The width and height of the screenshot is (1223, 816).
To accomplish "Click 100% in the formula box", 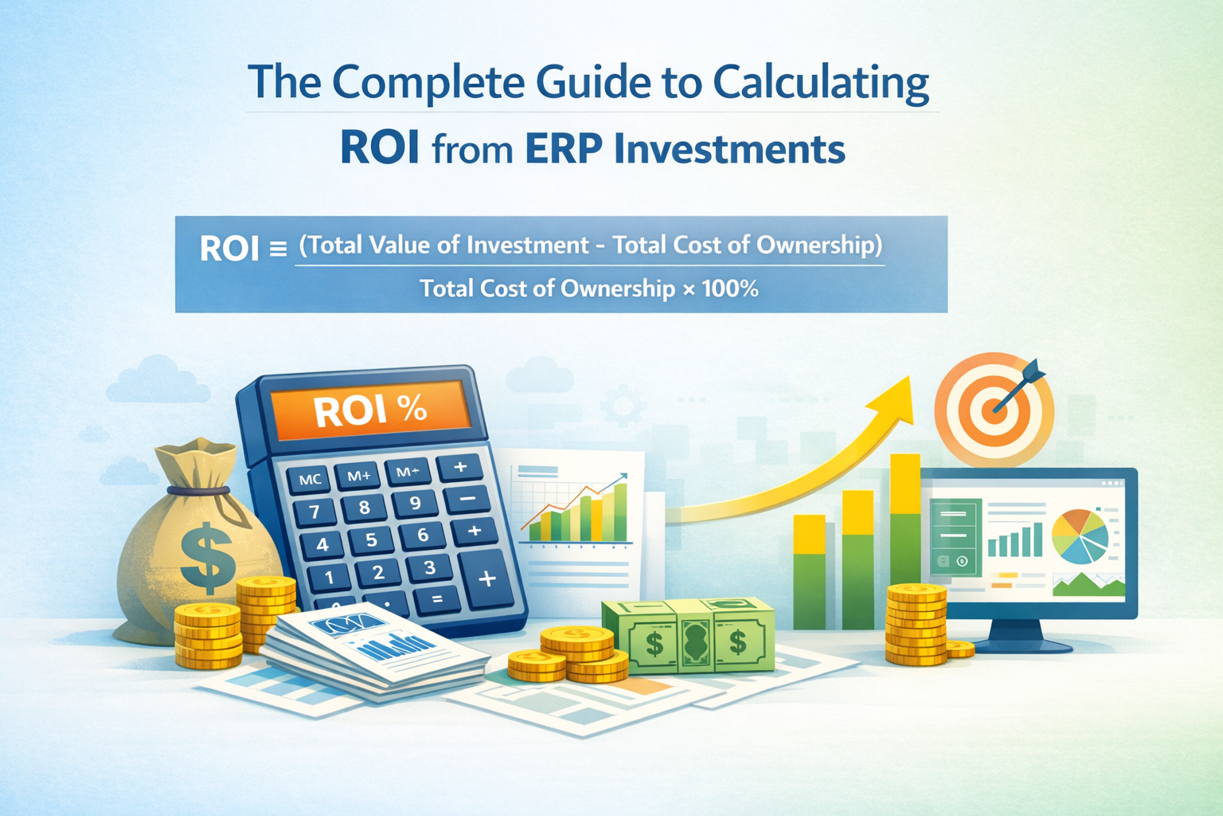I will tap(730, 288).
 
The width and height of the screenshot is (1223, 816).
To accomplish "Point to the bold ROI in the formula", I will tap(229, 249).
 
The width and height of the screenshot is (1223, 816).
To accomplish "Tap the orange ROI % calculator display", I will tap(369, 410).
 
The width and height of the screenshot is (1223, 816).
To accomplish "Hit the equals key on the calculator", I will tap(436, 598).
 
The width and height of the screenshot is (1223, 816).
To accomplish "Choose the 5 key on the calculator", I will tap(371, 540).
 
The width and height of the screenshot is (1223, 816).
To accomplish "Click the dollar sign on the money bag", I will tap(208, 556).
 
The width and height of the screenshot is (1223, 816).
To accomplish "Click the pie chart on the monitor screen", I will tap(1079, 535).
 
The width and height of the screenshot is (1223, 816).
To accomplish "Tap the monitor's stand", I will tap(1016, 635).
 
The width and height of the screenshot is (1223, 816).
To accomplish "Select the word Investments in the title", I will tap(729, 149).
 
